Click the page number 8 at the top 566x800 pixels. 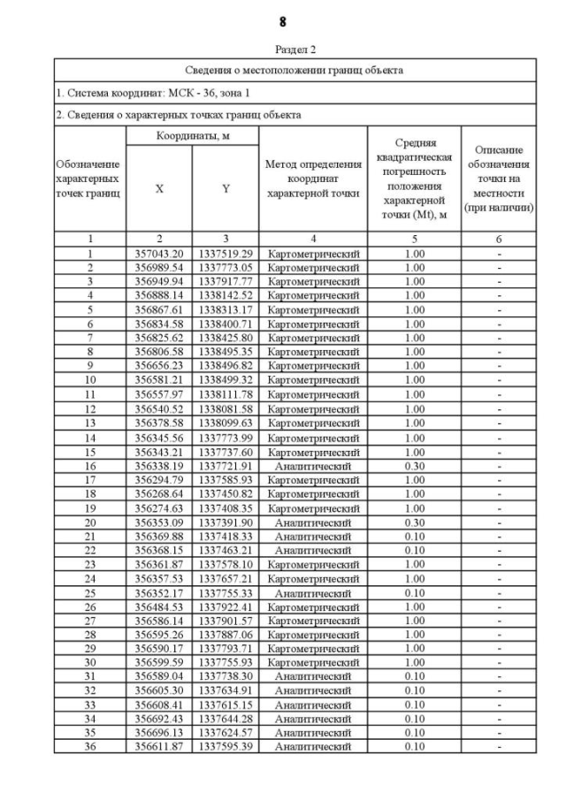click(283, 20)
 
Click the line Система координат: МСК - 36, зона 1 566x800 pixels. click(141, 93)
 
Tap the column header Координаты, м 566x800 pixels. click(193, 136)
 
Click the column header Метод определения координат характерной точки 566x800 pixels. click(313, 179)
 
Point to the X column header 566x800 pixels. click(159, 188)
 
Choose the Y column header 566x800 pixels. click(226, 188)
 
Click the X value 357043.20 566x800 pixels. click(159, 254)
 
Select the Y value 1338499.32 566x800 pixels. click(226, 378)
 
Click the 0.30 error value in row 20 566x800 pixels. click(414, 522)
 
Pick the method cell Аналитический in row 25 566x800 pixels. click(313, 592)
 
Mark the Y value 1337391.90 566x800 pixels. click(226, 522)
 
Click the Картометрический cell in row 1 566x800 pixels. click(313, 254)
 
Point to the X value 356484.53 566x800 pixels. click(159, 606)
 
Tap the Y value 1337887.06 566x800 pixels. click(226, 634)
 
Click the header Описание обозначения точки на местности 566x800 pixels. click(500, 179)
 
